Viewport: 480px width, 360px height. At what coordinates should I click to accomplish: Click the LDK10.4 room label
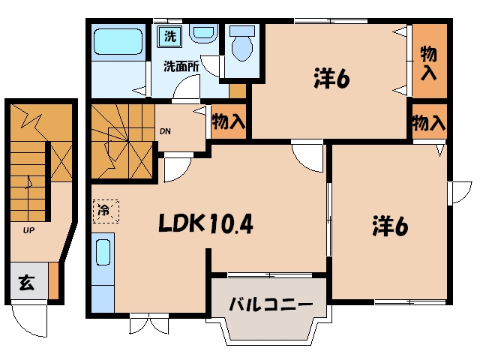[205, 223]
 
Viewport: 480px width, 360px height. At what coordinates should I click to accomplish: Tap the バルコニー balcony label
[271, 304]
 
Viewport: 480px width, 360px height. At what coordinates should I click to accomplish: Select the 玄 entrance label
[27, 283]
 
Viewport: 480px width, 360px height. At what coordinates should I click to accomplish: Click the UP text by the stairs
[28, 230]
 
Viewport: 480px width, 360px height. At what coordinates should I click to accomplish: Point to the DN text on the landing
[165, 132]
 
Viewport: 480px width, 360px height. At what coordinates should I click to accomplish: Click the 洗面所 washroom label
[181, 67]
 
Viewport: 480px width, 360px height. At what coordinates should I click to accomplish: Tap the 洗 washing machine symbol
[170, 36]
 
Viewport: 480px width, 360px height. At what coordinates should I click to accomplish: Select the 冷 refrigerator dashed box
[106, 211]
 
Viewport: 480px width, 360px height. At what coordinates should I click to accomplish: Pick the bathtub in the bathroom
[118, 42]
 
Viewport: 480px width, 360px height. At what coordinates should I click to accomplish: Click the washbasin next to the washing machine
[203, 33]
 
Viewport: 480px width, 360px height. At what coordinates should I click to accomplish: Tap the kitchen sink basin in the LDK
[103, 253]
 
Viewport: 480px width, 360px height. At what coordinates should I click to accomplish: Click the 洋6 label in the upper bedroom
[331, 78]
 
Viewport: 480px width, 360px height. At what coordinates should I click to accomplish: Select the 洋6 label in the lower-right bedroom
[390, 226]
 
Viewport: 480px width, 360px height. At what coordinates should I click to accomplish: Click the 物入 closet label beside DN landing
[229, 121]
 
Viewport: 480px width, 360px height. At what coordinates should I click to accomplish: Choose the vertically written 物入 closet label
[428, 63]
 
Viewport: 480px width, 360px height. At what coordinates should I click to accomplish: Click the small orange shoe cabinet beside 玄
[53, 280]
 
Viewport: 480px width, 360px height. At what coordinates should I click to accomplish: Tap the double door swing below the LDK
[149, 324]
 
